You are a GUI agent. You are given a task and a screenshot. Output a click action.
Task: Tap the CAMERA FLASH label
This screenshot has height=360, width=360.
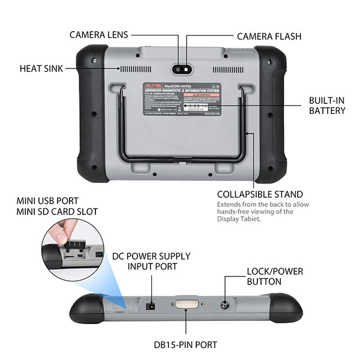[265, 35]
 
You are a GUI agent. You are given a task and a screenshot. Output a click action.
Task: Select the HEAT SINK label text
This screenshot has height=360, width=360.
[45, 68]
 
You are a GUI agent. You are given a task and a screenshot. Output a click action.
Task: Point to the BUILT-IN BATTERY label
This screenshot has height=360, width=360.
[327, 106]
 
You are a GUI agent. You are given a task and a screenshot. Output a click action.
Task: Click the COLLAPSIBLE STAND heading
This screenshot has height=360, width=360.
[259, 194]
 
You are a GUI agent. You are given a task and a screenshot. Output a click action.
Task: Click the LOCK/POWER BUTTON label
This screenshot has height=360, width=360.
[275, 277]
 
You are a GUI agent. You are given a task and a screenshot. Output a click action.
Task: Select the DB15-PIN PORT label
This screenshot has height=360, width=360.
[185, 344]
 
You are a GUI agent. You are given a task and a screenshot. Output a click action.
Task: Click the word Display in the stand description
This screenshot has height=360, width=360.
[227, 219]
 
